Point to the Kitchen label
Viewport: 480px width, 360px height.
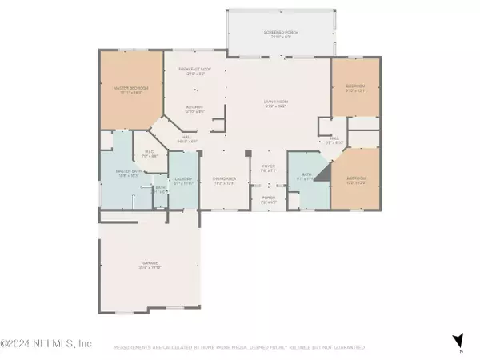click(x=194, y=106)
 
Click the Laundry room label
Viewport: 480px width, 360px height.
click(x=182, y=181)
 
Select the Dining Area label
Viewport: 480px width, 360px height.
click(x=224, y=181)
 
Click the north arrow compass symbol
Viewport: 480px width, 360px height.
click(x=457, y=340)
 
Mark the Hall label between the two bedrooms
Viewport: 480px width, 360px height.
click(x=335, y=139)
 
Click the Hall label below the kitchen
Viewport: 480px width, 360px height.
click(x=188, y=138)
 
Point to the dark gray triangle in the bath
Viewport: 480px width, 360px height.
click(x=322, y=174)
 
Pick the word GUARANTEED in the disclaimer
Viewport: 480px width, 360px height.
click(x=348, y=347)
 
